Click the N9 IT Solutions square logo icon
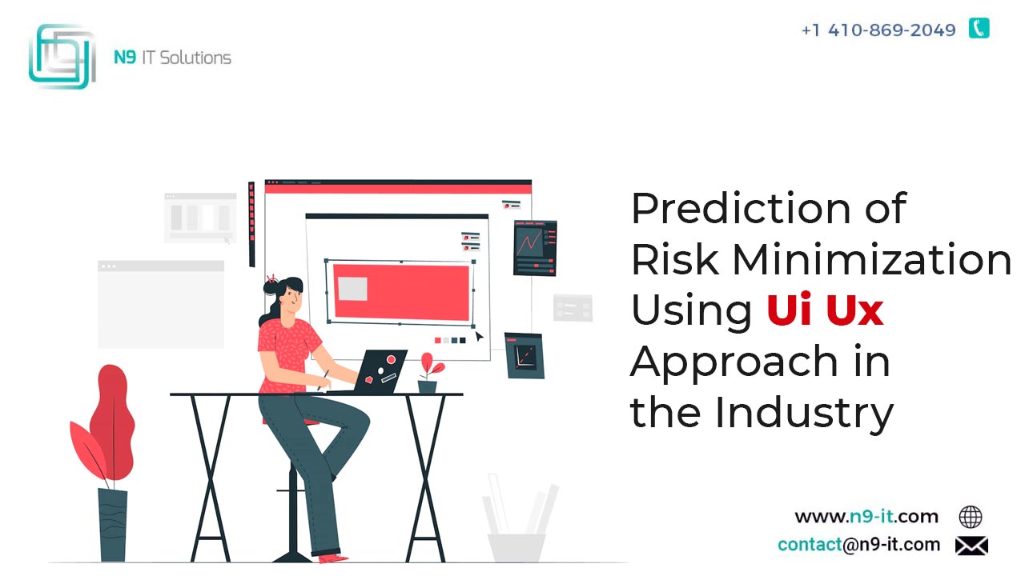62,57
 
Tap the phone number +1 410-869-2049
878,30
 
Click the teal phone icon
979,28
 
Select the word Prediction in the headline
741,209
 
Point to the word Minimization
872,259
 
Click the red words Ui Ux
825,310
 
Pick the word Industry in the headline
804,413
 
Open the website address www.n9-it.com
866,517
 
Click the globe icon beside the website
970,517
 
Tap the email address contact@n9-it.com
859,544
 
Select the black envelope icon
971,546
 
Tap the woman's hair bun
271,286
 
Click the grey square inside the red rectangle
352,289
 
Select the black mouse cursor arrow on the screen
479,336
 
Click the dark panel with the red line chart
535,248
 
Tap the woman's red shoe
332,558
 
